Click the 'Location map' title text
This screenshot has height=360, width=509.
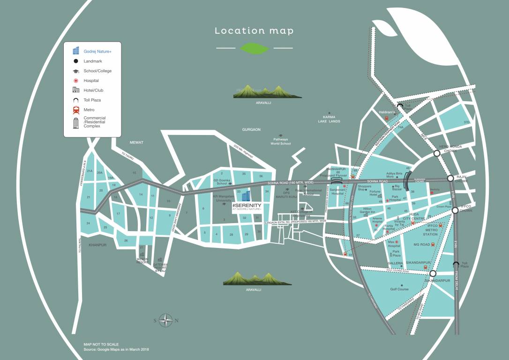(x=254, y=31)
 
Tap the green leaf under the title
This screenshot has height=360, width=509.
(x=254, y=48)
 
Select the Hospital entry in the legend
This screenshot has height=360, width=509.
(x=91, y=81)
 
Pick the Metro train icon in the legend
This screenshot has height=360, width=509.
(x=76, y=110)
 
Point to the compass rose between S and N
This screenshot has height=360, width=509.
(x=166, y=321)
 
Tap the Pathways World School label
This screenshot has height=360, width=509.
(x=280, y=142)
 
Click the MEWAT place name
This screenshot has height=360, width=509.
(x=136, y=142)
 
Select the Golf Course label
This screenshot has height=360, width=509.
(x=399, y=289)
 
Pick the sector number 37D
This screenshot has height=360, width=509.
(x=466, y=122)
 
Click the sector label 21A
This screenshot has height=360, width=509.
(x=90, y=171)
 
